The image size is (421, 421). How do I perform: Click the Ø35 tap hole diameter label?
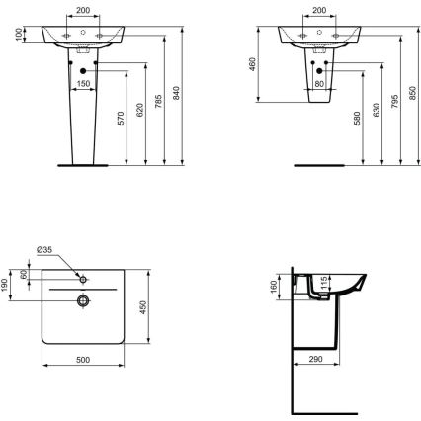coord(45,251)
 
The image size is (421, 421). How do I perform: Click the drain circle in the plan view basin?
coord(85,298)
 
